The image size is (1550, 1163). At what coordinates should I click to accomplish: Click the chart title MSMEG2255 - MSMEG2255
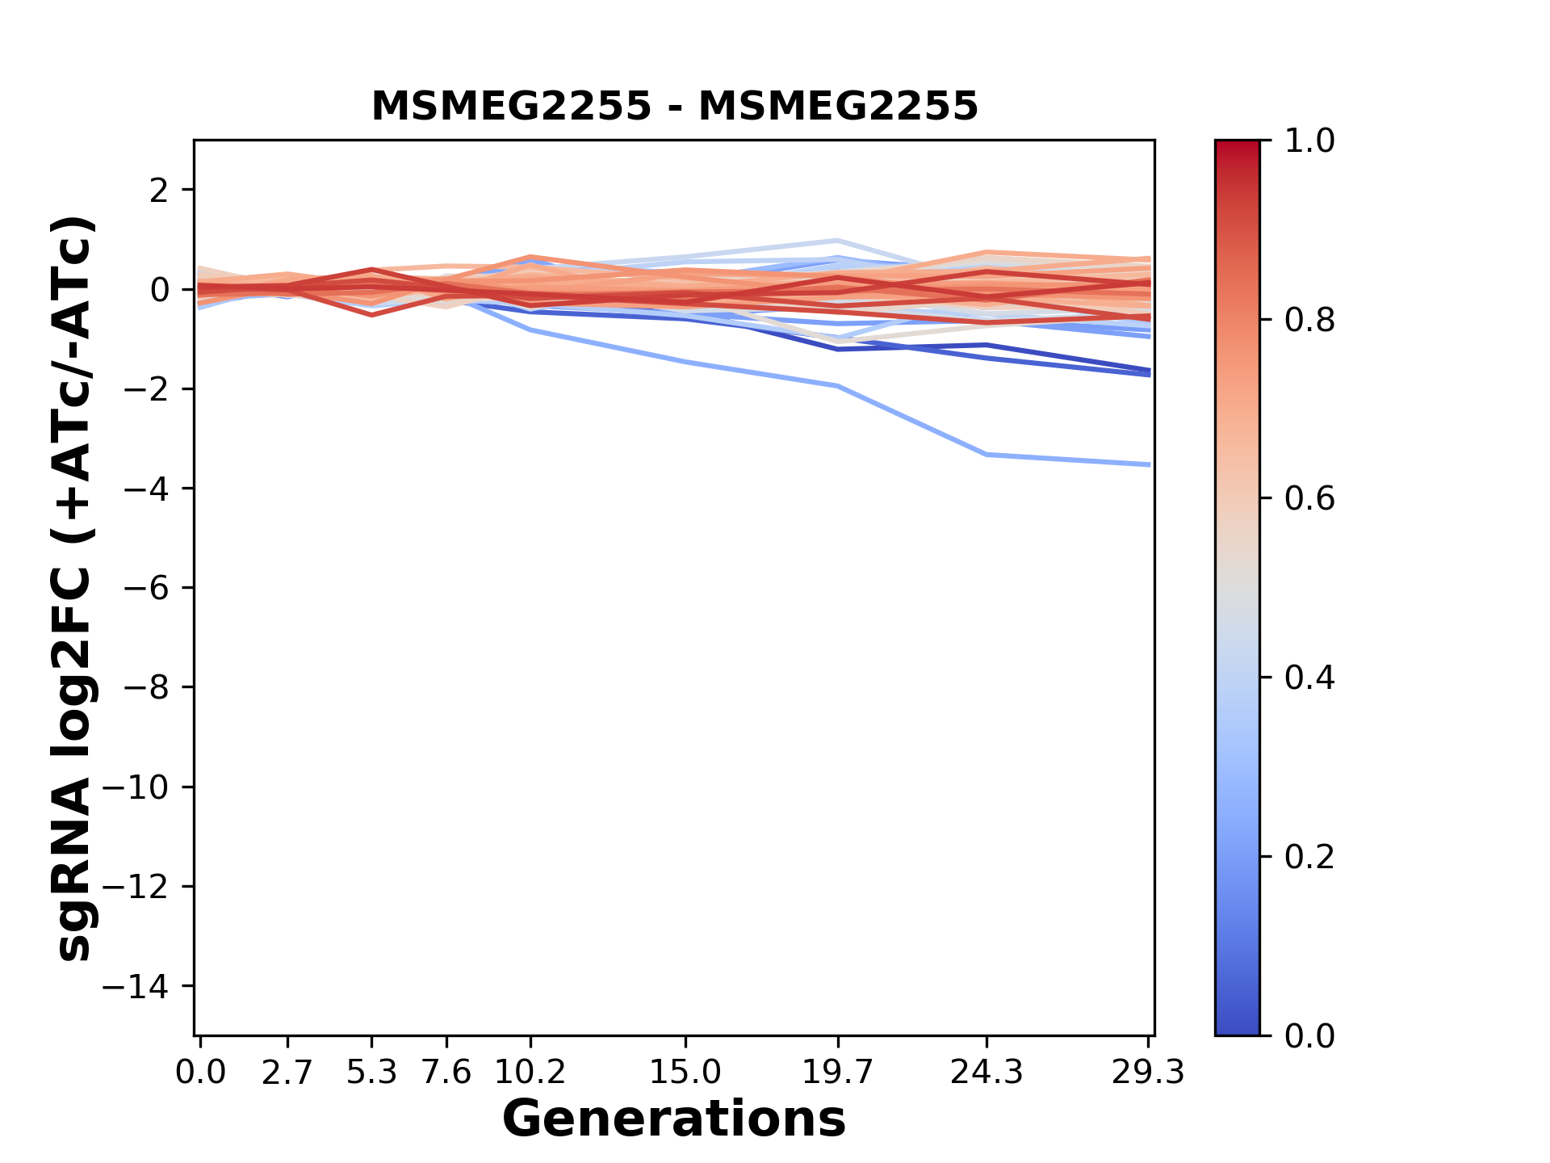click(674, 107)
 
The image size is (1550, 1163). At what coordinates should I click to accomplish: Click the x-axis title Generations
click(674, 1119)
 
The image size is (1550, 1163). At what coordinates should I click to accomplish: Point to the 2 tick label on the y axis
click(159, 191)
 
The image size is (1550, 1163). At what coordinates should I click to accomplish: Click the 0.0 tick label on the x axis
click(200, 1073)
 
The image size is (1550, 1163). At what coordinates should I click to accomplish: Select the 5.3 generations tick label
click(371, 1073)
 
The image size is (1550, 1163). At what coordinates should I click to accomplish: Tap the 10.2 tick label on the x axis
click(530, 1073)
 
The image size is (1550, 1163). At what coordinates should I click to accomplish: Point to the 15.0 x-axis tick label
click(685, 1073)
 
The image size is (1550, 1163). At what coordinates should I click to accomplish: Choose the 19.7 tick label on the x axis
click(838, 1073)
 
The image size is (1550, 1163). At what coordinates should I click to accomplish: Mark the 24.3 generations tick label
click(987, 1073)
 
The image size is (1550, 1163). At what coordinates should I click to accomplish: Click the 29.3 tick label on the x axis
click(1148, 1073)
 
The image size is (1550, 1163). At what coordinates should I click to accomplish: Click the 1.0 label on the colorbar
click(1309, 141)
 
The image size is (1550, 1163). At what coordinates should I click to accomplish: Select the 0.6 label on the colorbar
click(1309, 499)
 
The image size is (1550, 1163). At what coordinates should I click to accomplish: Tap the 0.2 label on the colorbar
click(1309, 857)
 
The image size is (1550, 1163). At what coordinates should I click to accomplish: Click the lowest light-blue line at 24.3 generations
click(987, 455)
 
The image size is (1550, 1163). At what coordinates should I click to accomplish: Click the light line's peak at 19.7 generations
click(838, 241)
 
